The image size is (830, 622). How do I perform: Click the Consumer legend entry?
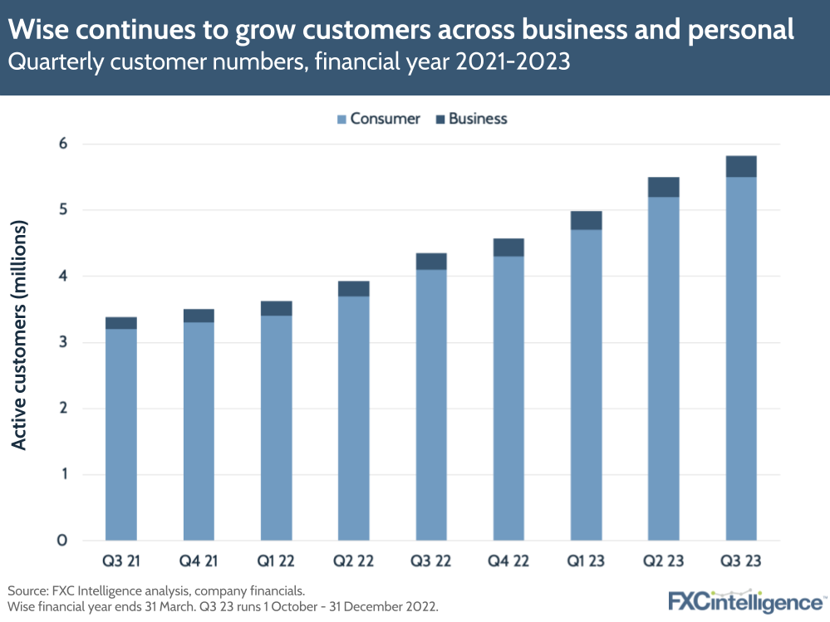coord(378,119)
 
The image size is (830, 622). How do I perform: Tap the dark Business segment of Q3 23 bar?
coord(740,166)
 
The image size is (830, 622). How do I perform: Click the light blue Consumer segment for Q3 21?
coord(120,432)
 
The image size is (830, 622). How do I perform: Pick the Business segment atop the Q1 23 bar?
coord(586,220)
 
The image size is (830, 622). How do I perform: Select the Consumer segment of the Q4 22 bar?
coord(508,399)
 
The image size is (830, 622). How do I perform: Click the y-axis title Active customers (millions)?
coord(19,335)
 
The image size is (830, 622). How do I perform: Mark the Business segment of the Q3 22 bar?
coord(431,261)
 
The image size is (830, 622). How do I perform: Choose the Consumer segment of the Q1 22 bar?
coord(276,428)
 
